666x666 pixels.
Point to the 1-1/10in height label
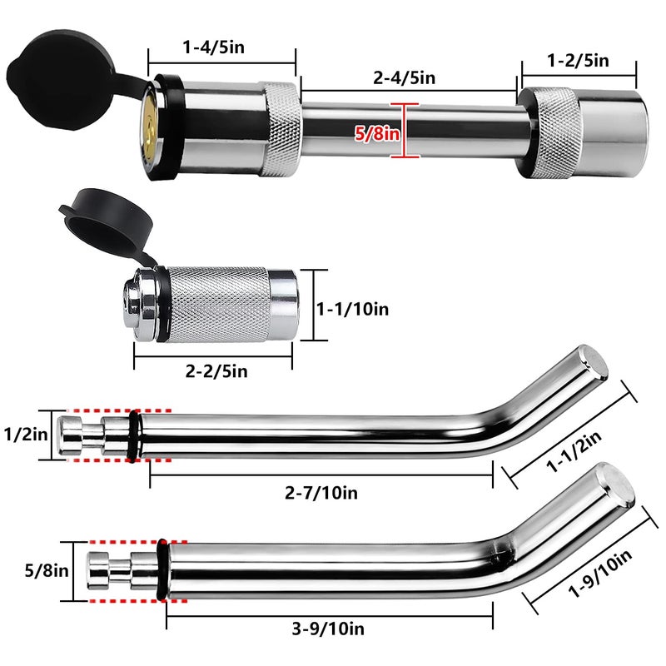[353, 309]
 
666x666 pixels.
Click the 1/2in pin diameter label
[26, 433]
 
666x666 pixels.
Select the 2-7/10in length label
[322, 493]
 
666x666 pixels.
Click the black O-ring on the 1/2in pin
[136, 433]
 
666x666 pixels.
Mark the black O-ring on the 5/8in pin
[161, 570]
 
